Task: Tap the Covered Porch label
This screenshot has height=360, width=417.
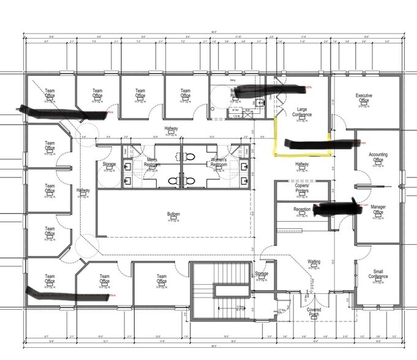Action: click(x=314, y=312)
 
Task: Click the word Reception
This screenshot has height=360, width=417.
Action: click(x=302, y=209)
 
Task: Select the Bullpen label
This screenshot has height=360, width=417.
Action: click(x=173, y=214)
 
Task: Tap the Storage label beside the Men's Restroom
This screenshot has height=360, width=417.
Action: click(x=109, y=165)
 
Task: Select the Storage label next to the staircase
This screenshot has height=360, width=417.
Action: click(x=261, y=274)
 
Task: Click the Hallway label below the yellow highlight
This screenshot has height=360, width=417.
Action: click(x=302, y=164)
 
